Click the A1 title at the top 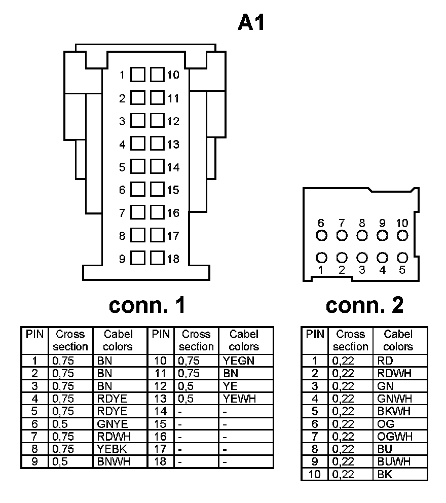point(252,22)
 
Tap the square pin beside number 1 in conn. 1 point(138,75)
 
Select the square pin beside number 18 point(158,259)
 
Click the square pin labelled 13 point(158,144)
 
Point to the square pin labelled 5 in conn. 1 point(138,167)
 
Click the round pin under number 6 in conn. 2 point(321,236)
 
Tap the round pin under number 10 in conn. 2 point(402,236)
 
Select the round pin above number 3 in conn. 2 point(362,258)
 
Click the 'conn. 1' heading point(147,305)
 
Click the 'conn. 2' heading point(364,305)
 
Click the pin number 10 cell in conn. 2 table point(315,475)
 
